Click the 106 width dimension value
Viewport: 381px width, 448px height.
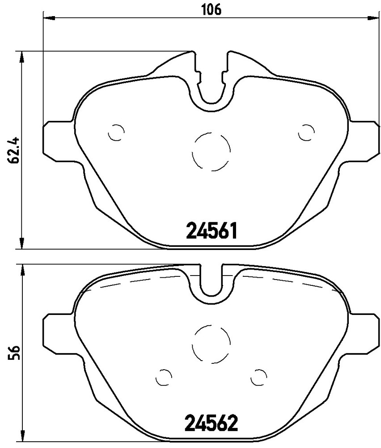(x=212, y=10)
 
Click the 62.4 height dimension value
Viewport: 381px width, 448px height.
(x=14, y=150)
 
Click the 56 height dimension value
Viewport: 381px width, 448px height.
(x=14, y=353)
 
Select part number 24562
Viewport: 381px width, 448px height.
(x=212, y=423)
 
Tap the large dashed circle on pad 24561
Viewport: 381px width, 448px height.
(x=211, y=151)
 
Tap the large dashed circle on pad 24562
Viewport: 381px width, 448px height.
(x=211, y=344)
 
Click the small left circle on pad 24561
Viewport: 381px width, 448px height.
(x=116, y=133)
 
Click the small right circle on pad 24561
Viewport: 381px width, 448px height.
(x=306, y=133)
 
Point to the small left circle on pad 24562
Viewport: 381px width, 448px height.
(x=164, y=377)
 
